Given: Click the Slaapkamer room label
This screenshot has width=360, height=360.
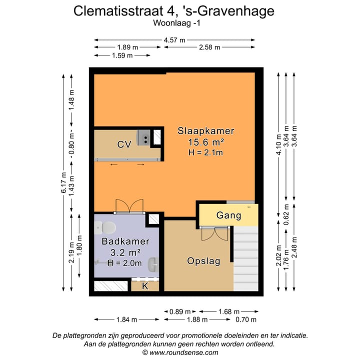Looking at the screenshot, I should coord(205,131).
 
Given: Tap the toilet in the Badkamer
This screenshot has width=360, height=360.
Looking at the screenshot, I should coord(103,228).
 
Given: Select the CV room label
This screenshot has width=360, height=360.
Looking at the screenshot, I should coord(124,144).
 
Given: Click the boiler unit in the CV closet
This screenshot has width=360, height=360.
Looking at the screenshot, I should coord(143,135).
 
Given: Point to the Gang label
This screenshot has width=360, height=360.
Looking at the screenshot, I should coord(228,215).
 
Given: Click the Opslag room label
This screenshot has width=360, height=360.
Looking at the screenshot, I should coord(203,260).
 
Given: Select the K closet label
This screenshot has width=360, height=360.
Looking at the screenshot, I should coord(145,286).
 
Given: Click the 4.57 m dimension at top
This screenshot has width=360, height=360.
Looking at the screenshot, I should coord(172,40).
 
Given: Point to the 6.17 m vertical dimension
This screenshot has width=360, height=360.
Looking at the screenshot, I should coord(63,182).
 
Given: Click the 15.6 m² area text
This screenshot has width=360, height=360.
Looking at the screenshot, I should coord(205,142).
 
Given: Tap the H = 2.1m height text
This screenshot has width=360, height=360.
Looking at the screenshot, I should coord(205,152).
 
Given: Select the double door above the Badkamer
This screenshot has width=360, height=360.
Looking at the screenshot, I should coord(128,206).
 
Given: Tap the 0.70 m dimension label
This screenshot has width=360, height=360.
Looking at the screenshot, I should coord(246,319).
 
